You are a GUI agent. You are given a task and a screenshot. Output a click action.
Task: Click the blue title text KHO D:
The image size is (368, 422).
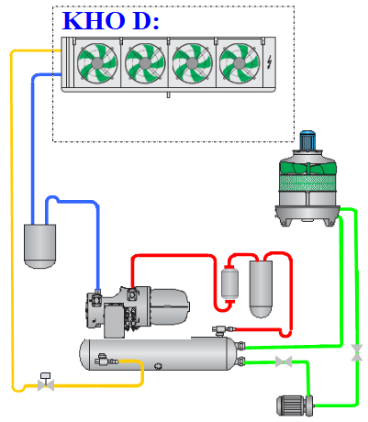pyautogui.click(x=111, y=21)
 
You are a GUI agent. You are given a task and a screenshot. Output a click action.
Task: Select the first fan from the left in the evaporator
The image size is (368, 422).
pyautogui.click(x=97, y=63)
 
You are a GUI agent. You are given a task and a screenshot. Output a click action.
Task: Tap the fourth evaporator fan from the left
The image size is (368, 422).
pyautogui.click(x=240, y=63)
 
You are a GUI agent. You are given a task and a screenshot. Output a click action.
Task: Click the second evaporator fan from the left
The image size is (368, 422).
pyautogui.click(x=145, y=63)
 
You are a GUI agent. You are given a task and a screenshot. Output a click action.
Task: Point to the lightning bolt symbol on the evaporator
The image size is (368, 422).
pyautogui.click(x=270, y=62)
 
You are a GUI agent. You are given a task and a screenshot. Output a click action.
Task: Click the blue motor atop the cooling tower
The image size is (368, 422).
pyautogui.click(x=307, y=140)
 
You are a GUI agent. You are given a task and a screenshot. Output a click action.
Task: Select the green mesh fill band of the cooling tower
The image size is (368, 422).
pyautogui.click(x=308, y=183)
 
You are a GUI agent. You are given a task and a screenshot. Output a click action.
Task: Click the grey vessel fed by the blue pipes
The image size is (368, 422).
pyautogui.click(x=40, y=246)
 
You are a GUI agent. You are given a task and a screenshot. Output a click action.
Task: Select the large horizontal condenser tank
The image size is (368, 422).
pyautogui.click(x=159, y=354)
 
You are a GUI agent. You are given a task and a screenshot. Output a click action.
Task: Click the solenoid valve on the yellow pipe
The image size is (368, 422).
pyautogui.click(x=46, y=382)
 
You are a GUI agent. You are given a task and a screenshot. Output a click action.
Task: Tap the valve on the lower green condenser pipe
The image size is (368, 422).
pyautogui.click(x=284, y=361)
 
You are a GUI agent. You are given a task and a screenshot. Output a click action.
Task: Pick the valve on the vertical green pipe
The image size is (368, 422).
pyautogui.click(x=357, y=352)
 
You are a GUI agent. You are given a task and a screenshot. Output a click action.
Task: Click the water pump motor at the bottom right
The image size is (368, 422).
pyautogui.click(x=295, y=405)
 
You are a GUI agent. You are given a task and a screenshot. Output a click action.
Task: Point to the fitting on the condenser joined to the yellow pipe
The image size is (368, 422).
pyautogui.click(x=106, y=359)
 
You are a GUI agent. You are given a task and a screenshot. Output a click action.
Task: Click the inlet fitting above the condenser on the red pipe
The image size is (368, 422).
pyautogui.click(x=224, y=330)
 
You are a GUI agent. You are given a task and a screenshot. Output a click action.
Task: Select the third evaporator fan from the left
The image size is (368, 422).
pyautogui.click(x=192, y=63)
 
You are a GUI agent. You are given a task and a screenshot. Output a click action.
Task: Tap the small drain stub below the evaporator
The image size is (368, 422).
pyautogui.click(x=168, y=94)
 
